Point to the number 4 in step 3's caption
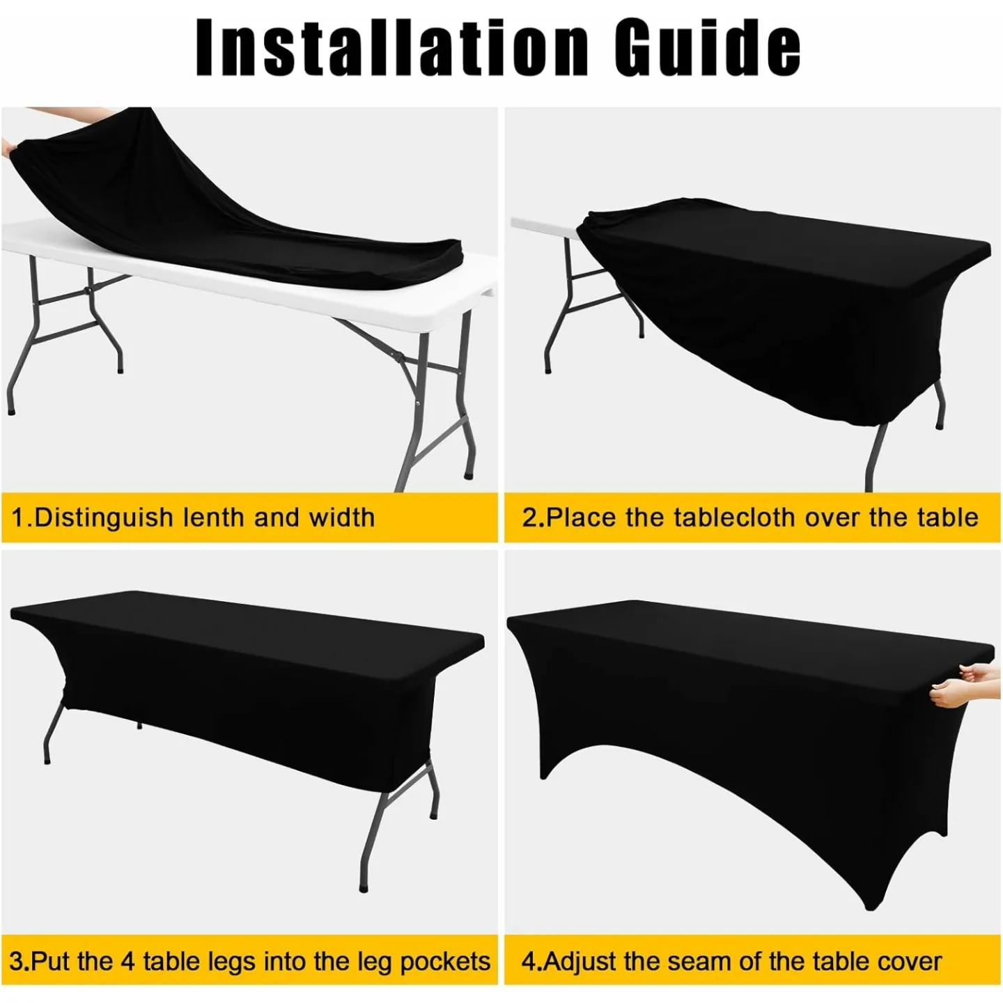[127, 961]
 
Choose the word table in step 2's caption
[947, 518]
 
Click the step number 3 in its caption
[17, 961]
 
